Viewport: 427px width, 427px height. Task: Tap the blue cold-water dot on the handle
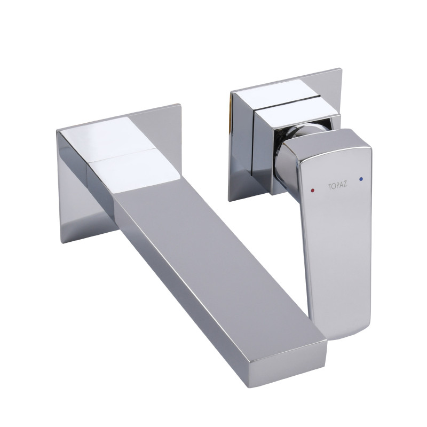tap(361, 179)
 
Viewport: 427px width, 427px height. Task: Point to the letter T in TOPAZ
tap(330, 187)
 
